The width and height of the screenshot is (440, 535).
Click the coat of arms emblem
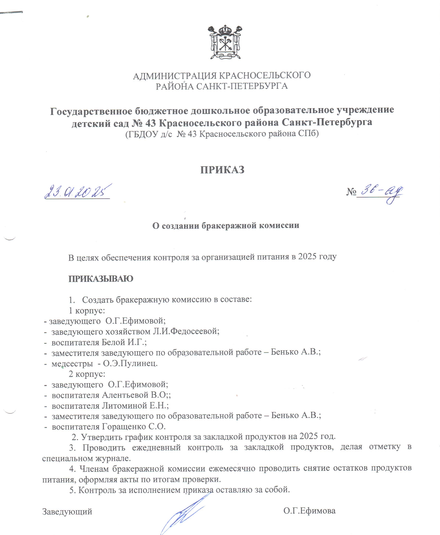pyautogui.click(x=225, y=42)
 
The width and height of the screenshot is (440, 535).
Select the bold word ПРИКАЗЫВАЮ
pyautogui.click(x=101, y=279)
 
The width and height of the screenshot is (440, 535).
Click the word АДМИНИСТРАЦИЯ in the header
pyautogui.click(x=175, y=76)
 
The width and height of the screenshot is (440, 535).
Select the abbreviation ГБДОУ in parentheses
pyautogui.click(x=143, y=134)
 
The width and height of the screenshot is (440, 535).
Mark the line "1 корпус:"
pyautogui.click(x=87, y=310)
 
